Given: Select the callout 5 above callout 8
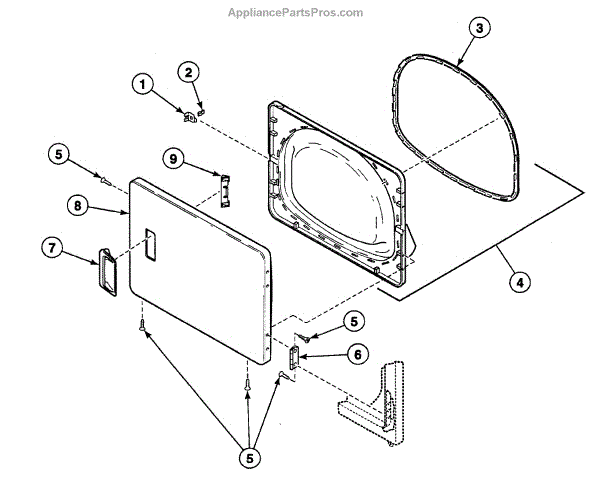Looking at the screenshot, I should [58, 154].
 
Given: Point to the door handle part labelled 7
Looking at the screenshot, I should [106, 271].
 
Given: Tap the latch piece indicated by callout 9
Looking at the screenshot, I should [224, 188].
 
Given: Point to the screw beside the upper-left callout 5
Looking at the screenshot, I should [103, 178].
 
